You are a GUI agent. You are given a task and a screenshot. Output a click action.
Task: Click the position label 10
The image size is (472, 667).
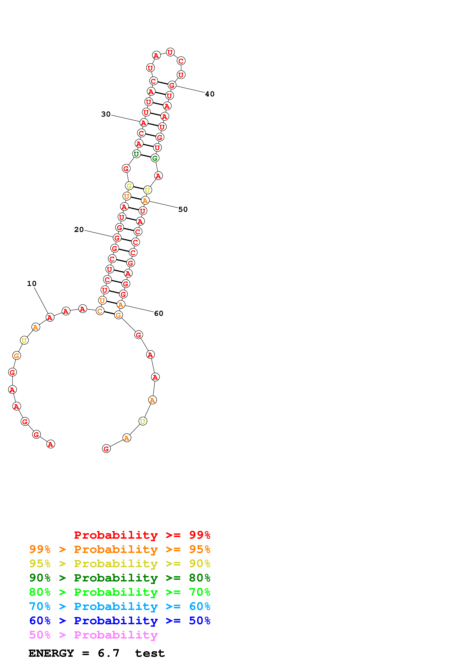pyautogui.click(x=32, y=283)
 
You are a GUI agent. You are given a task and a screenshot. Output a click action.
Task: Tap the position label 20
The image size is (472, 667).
pyautogui.click(x=79, y=229)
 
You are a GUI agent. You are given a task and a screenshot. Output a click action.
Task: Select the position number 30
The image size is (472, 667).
pyautogui.click(x=106, y=114)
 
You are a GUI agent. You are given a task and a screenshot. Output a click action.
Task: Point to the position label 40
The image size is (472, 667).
pyautogui.click(x=210, y=94)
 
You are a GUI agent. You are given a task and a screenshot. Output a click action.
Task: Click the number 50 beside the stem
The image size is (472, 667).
pyautogui.click(x=183, y=210)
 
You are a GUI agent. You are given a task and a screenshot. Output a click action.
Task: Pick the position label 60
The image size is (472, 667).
pyautogui.click(x=158, y=314)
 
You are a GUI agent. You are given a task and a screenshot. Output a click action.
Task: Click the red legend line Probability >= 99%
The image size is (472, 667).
pyautogui.click(x=142, y=535)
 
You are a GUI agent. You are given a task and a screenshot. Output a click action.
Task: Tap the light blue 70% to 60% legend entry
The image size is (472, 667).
pyautogui.click(x=120, y=606)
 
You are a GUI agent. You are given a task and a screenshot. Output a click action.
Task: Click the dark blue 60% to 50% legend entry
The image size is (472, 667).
pyautogui.click(x=120, y=621)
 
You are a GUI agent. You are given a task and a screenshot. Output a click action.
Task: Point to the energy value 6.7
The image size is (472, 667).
pyautogui.click(x=109, y=653)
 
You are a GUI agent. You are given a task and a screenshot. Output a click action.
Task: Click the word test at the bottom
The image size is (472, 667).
pyautogui.click(x=150, y=653)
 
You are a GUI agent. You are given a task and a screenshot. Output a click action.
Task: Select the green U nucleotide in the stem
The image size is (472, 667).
pyautogui.click(x=136, y=154)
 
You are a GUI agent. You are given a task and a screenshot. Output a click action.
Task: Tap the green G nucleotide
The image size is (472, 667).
pyautogui.click(x=155, y=158)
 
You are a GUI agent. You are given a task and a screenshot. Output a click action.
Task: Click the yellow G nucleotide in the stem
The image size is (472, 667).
pyautogui.click(x=129, y=186)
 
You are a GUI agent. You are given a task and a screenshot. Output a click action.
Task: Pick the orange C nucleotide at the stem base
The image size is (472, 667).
pyautogui.click(x=100, y=311)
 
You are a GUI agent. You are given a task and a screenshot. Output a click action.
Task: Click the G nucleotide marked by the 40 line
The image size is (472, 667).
pyautogui.click(x=172, y=85)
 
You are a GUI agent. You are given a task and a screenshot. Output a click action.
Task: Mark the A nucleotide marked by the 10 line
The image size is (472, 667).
pyautogui.click(x=50, y=318)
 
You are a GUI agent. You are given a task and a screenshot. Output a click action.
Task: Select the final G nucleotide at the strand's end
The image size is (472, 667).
pyautogui.click(x=106, y=449)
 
